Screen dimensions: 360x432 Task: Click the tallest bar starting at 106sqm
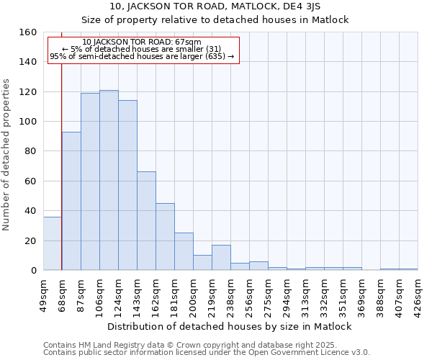(109, 180)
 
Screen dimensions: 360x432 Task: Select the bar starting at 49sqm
(53, 243)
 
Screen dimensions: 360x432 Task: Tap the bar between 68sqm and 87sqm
(71, 201)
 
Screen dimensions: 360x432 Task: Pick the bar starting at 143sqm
(146, 221)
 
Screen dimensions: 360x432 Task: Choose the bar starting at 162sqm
(165, 237)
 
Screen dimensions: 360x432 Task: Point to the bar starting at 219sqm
(221, 258)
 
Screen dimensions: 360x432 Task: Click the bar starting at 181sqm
(184, 251)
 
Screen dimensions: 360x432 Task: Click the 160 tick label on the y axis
(27, 32)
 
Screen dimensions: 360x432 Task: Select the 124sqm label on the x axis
(119, 294)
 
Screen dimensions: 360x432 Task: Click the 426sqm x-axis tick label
(418, 294)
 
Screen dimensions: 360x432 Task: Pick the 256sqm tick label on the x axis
(250, 294)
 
